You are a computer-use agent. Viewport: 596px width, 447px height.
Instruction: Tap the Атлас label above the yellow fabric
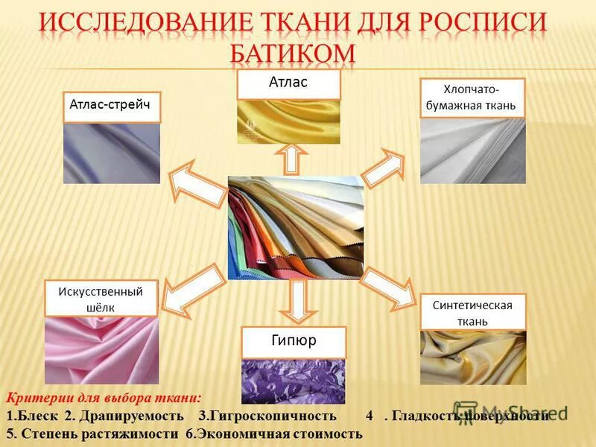(x=288, y=83)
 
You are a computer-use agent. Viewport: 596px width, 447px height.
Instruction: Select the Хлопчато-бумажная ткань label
(x=473, y=98)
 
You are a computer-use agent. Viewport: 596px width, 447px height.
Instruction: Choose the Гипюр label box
(x=294, y=342)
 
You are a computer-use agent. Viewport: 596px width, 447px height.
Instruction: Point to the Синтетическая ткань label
(x=473, y=313)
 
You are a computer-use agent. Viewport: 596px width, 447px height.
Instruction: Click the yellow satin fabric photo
(x=288, y=121)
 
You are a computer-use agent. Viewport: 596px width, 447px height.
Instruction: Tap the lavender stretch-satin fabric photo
(x=111, y=153)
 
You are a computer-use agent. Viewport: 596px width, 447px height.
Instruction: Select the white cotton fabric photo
(x=473, y=150)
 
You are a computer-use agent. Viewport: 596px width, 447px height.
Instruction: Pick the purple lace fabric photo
(x=294, y=380)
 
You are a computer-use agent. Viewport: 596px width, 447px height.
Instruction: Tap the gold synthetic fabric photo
(x=473, y=357)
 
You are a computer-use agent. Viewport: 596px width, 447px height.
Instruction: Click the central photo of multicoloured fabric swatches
(x=296, y=227)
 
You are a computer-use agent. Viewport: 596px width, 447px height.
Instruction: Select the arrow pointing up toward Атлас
(x=291, y=159)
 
